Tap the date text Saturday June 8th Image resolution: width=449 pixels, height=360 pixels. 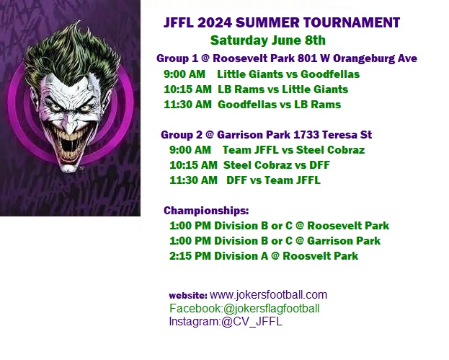[x=267, y=40]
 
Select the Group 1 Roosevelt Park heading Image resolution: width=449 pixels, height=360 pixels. [x=287, y=58]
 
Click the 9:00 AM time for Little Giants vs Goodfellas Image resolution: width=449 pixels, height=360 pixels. [x=185, y=74]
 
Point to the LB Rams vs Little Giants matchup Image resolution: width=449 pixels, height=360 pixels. [x=283, y=89]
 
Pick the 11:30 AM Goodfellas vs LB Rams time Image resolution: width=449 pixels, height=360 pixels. [x=187, y=105]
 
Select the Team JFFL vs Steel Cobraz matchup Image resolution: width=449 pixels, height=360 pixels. [x=293, y=150]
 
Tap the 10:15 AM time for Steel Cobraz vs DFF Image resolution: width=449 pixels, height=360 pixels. [x=193, y=165]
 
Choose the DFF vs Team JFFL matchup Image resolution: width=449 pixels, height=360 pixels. [x=273, y=180]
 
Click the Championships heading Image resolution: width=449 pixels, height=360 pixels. [x=206, y=211]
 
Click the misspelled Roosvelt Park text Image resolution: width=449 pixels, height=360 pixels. [x=320, y=256]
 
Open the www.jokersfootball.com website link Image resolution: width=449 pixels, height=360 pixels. [x=268, y=295]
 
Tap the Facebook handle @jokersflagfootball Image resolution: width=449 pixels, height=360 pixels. [x=271, y=309]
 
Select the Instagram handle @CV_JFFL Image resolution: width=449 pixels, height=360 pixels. [x=252, y=322]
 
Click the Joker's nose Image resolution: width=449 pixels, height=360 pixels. [x=70, y=125]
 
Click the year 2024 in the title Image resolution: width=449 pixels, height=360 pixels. [x=215, y=22]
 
